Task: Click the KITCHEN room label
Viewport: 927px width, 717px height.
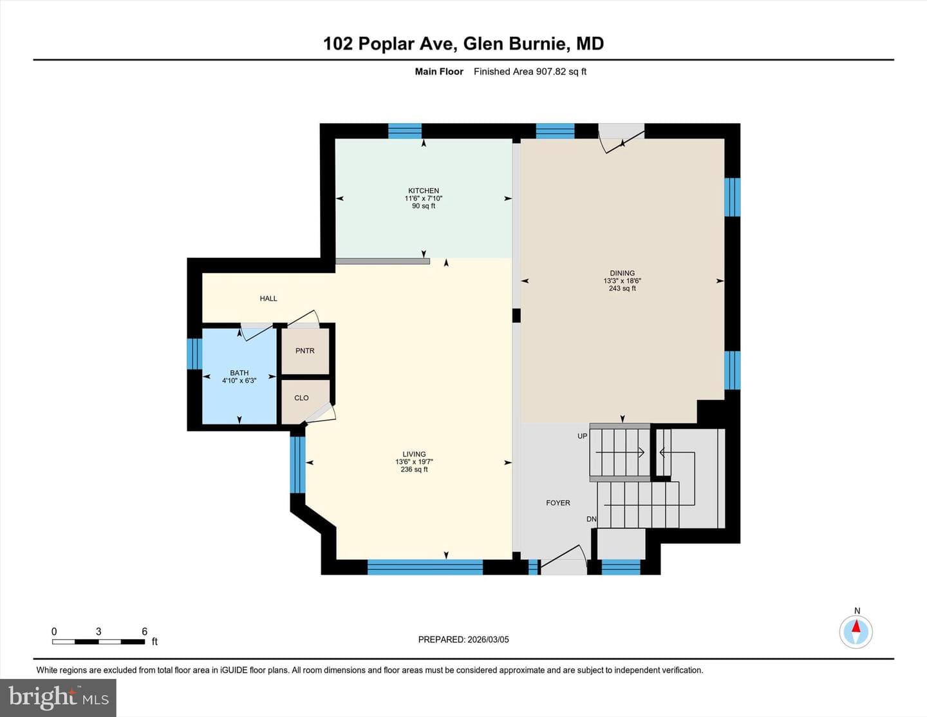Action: click(423, 190)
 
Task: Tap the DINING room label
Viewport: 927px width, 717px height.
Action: click(622, 272)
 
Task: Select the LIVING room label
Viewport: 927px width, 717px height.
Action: click(414, 454)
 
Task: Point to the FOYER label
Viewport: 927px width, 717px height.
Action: click(557, 502)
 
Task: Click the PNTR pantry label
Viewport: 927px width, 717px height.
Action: click(304, 350)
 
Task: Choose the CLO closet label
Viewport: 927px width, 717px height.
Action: click(301, 397)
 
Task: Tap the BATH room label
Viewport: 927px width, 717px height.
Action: click(239, 372)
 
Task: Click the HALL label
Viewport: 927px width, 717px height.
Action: click(268, 298)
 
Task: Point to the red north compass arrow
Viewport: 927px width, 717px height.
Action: click(856, 627)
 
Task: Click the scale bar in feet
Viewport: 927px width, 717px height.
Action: click(98, 642)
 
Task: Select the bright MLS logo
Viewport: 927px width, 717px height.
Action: click(58, 698)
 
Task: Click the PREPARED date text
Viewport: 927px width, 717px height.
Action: click(464, 639)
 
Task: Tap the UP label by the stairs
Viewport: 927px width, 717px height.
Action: click(582, 436)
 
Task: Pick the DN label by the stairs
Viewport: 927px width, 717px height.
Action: click(591, 519)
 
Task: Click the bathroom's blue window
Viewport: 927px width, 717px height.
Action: click(194, 354)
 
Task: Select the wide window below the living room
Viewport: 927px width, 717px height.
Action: click(425, 567)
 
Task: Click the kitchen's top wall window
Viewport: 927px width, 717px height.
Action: click(405, 131)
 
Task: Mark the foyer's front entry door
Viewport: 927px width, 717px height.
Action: click(563, 559)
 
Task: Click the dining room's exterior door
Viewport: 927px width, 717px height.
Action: click(622, 138)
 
